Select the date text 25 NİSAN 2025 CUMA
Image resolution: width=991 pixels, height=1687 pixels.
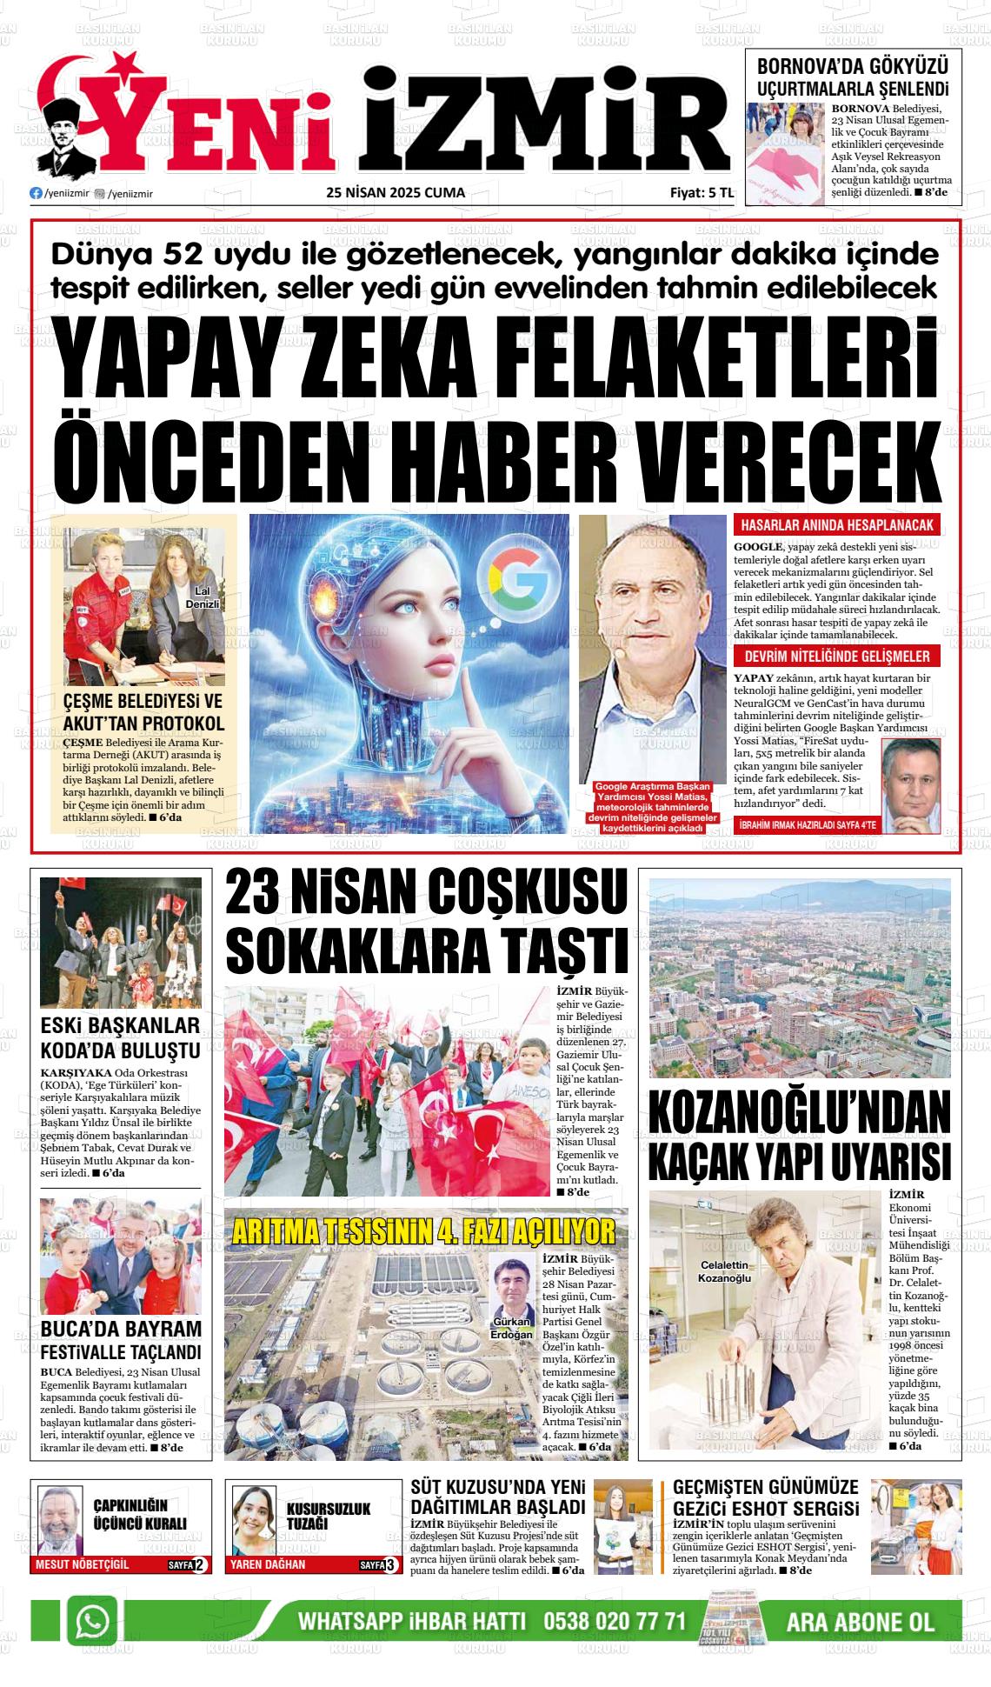click(x=396, y=193)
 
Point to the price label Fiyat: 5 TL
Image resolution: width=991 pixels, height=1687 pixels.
click(x=695, y=193)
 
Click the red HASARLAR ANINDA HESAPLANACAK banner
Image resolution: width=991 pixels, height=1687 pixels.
click(x=836, y=525)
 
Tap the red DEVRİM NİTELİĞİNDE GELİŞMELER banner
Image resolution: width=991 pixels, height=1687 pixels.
click(x=836, y=657)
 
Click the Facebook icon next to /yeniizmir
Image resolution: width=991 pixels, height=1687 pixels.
click(x=36, y=194)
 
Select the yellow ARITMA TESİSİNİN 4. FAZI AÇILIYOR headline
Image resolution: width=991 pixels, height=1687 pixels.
click(x=424, y=1231)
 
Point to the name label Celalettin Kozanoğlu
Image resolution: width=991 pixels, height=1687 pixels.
click(x=724, y=1271)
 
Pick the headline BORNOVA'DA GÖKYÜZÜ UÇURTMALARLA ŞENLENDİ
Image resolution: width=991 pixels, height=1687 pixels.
click(x=853, y=77)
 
